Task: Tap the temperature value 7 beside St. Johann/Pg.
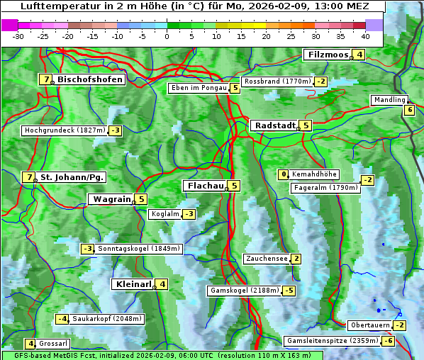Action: click(28, 177)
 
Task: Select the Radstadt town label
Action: click(274, 125)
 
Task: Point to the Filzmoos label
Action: click(328, 55)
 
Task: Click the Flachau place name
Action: click(204, 186)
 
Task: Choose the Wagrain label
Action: click(111, 199)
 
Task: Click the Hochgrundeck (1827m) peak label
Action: click(65, 130)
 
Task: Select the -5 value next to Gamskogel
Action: click(289, 291)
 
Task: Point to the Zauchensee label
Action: click(266, 259)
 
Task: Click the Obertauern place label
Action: click(370, 325)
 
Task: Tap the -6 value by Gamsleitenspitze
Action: click(388, 341)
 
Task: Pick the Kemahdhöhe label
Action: click(314, 174)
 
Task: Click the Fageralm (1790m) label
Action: click(325, 188)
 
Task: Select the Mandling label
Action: click(389, 100)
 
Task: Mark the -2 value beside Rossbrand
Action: click(320, 81)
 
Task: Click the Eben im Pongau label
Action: click(198, 89)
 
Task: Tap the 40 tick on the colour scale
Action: click(365, 35)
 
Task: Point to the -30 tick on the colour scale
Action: click(18, 35)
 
